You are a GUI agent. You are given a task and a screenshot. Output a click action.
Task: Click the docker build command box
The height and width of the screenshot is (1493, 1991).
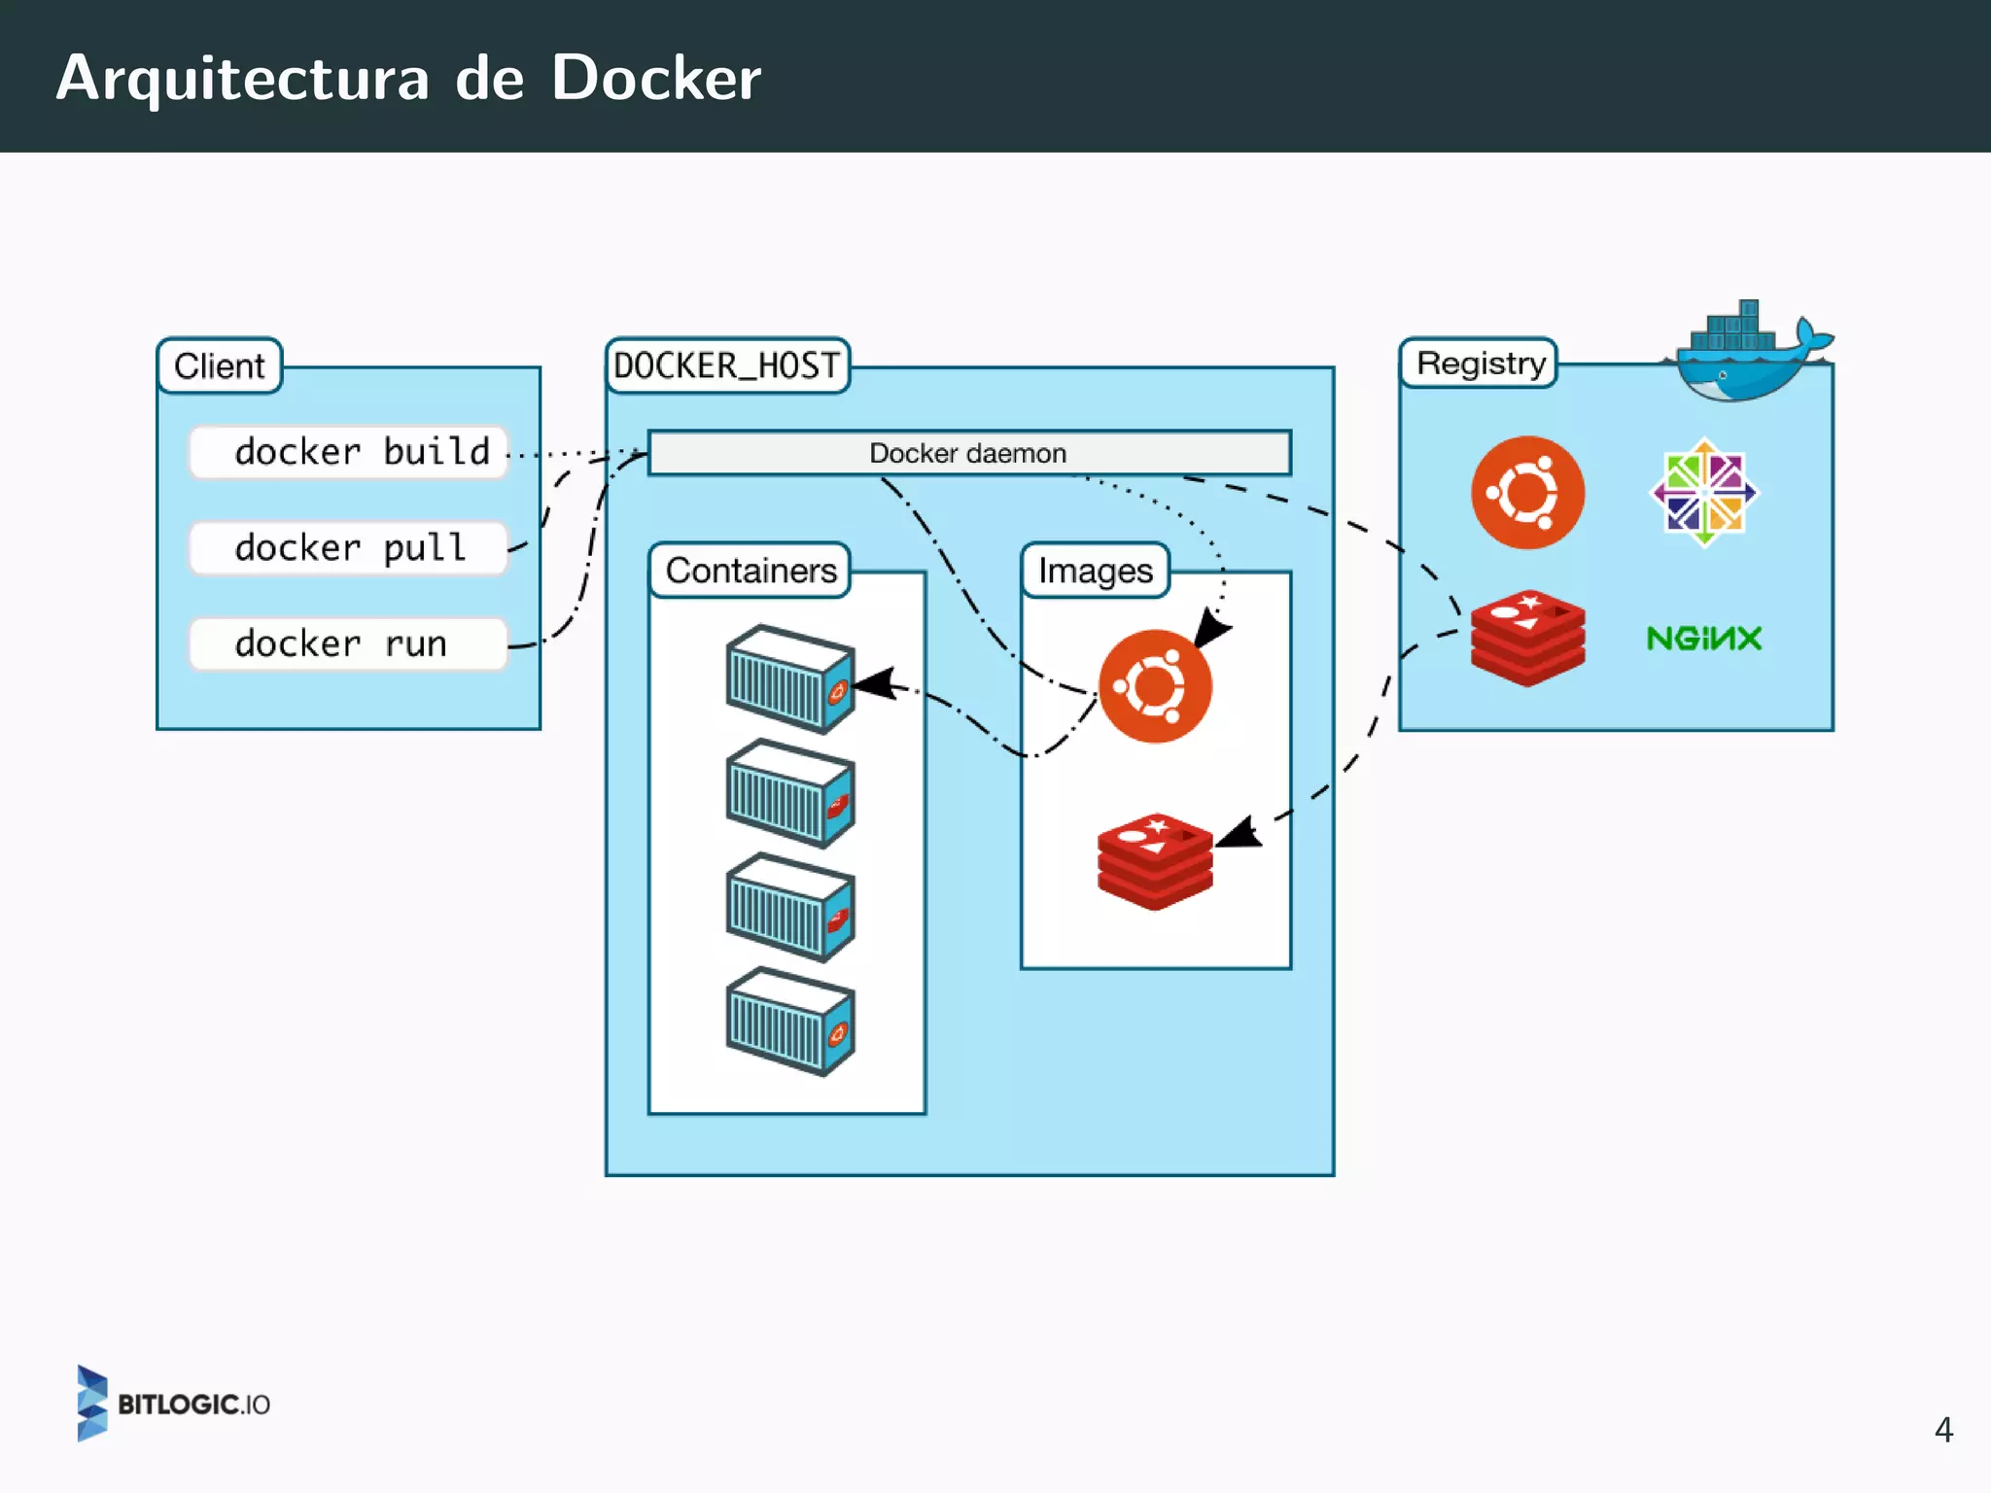point(348,452)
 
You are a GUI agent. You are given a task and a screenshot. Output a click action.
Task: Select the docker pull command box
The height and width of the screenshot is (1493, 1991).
point(348,548)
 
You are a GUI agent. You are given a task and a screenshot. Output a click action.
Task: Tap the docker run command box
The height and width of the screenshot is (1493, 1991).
point(348,643)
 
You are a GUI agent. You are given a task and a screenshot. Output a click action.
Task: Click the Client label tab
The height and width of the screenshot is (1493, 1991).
point(220,366)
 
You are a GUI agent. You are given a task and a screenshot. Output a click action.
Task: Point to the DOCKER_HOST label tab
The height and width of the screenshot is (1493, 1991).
point(727,366)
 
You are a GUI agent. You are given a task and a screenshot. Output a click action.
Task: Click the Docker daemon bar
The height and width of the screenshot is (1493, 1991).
point(968,453)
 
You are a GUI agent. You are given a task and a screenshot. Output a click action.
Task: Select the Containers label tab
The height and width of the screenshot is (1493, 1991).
point(751,571)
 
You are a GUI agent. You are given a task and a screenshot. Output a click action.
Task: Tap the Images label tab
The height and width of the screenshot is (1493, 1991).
point(1095,571)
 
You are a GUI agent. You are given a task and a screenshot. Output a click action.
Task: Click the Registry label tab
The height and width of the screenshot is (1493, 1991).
point(1480,364)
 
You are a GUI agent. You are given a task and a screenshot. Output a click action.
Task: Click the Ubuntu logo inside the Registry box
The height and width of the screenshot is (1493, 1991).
point(1527,493)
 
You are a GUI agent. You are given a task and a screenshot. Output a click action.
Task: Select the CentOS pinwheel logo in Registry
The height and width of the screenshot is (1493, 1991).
point(1704,493)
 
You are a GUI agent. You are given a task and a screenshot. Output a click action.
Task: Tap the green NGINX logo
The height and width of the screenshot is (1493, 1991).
point(1703,639)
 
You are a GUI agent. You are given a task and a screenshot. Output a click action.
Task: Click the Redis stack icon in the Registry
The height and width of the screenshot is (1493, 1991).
point(1527,639)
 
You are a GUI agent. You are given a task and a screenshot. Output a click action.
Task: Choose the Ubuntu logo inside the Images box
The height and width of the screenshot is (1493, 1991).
point(1155,686)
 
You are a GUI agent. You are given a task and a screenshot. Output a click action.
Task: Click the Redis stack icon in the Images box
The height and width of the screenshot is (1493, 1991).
point(1155,861)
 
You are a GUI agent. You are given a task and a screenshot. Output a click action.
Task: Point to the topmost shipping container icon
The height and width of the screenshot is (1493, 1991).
point(790,678)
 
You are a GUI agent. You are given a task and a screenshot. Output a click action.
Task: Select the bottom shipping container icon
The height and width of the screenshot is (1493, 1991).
point(790,1022)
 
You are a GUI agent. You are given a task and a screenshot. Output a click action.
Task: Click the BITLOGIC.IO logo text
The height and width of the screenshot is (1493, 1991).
point(192,1405)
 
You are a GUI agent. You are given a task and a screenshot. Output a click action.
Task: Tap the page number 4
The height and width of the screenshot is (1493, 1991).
point(1942,1430)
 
